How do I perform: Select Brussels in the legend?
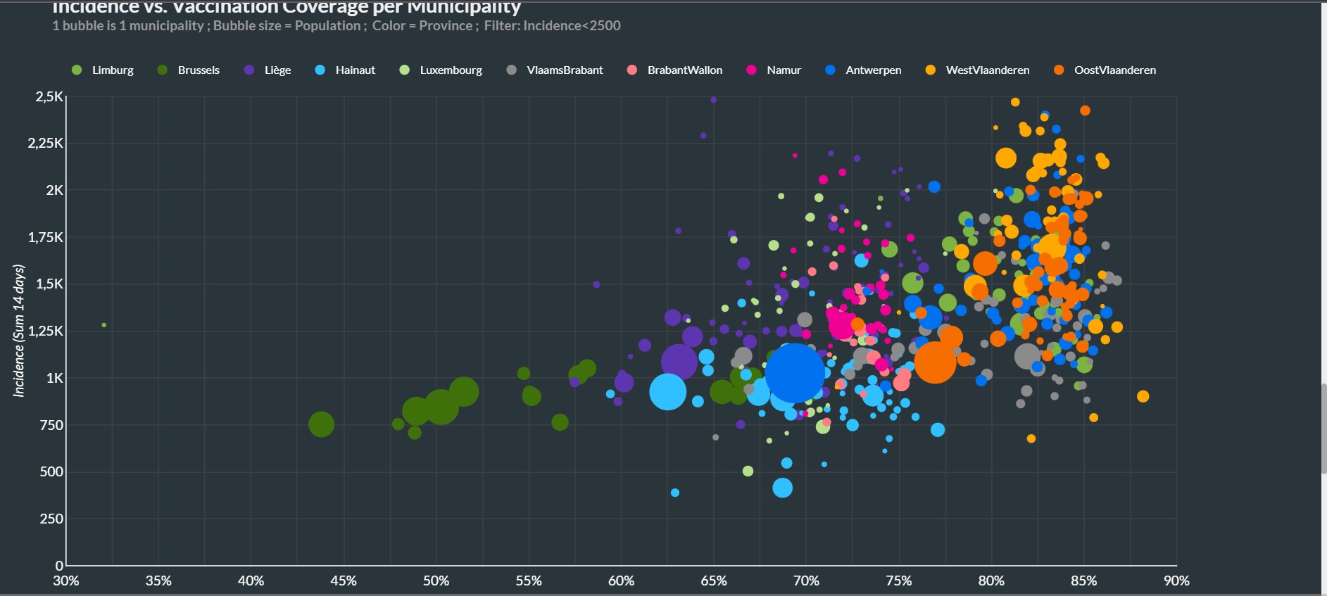tap(199, 70)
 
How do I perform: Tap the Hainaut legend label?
tap(355, 70)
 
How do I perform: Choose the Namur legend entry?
tap(784, 70)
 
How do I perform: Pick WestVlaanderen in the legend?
tap(987, 70)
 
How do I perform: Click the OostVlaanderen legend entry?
tap(1114, 70)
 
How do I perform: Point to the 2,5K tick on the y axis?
tap(49, 96)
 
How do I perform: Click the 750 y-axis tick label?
tap(51, 425)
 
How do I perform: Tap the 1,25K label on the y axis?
tap(46, 331)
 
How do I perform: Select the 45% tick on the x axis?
tap(344, 581)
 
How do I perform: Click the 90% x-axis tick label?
tap(1176, 581)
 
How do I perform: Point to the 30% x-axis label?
tap(66, 581)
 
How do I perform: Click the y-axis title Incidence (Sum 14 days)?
tap(19, 331)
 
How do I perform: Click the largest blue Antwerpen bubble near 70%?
tap(795, 373)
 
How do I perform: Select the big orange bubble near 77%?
tap(935, 362)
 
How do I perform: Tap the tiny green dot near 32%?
tap(104, 325)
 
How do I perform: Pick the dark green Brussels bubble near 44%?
tap(321, 424)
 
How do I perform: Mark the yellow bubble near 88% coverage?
tap(1143, 396)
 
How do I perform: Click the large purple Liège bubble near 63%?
tap(679, 362)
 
